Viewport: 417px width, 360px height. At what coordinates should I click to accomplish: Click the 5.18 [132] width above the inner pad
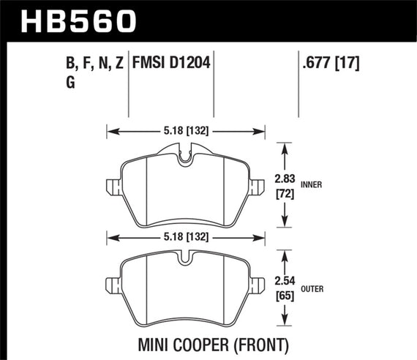[x=185, y=132]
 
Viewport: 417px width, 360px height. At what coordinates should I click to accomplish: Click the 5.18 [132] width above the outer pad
[x=185, y=236]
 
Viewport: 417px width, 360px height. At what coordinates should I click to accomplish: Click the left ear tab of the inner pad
[x=111, y=186]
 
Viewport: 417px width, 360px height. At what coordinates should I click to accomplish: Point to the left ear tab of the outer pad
[x=111, y=285]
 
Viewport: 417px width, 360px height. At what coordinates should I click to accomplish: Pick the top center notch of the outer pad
[x=186, y=257]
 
